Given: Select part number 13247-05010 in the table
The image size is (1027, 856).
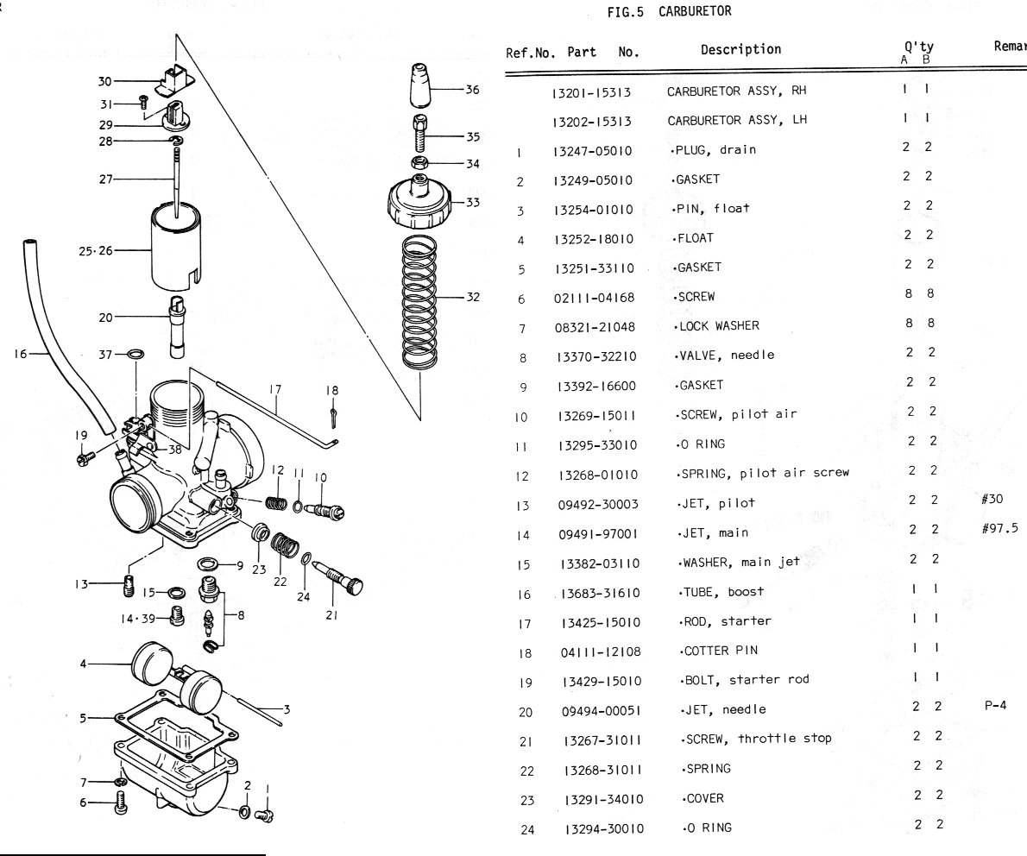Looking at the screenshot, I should pos(592,150).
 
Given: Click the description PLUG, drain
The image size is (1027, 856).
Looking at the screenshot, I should pos(713,149).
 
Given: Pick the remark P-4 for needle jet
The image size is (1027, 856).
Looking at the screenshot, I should pos(995,705).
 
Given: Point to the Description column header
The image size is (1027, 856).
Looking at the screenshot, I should pos(740,50).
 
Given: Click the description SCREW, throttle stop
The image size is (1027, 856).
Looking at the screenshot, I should pos(755,739).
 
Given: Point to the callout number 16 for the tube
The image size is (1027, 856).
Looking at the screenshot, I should pos(21,352).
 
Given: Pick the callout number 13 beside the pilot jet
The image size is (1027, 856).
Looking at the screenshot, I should pos(81,583).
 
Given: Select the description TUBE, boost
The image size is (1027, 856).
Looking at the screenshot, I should pos(721,592).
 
